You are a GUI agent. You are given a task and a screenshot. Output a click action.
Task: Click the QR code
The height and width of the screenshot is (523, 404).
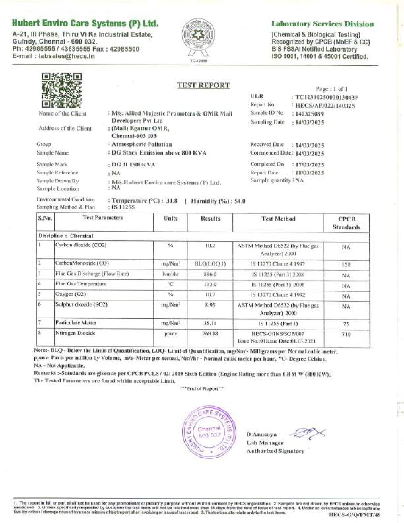(x=62, y=90)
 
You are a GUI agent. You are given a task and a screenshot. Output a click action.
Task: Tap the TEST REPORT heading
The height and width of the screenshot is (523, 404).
(x=203, y=85)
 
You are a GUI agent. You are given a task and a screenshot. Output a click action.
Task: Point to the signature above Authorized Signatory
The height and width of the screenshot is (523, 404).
(x=309, y=433)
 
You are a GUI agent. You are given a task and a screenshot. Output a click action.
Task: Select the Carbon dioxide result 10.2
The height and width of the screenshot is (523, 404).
(x=210, y=246)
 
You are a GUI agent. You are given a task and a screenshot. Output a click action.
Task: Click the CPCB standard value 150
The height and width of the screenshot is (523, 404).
(x=346, y=264)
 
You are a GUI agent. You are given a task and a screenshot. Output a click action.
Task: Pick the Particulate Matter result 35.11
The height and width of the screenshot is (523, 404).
(x=210, y=323)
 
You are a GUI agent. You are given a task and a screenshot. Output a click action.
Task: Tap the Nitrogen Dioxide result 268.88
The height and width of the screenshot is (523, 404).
(x=210, y=334)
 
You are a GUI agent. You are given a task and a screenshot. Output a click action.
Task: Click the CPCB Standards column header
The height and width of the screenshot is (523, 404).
(x=347, y=223)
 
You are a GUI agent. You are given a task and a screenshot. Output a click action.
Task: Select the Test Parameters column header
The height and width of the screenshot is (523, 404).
(x=103, y=218)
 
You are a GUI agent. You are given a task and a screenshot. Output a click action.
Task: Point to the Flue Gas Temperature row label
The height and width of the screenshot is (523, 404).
(x=81, y=284)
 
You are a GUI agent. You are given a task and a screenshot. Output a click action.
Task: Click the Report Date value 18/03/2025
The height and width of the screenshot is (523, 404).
(x=310, y=173)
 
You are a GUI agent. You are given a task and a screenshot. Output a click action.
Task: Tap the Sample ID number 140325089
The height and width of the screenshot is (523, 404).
(x=309, y=114)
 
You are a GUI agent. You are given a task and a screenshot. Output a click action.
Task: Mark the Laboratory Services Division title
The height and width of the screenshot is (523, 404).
(x=322, y=24)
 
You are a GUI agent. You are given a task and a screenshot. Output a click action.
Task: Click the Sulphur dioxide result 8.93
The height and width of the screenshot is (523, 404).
(x=210, y=305)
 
